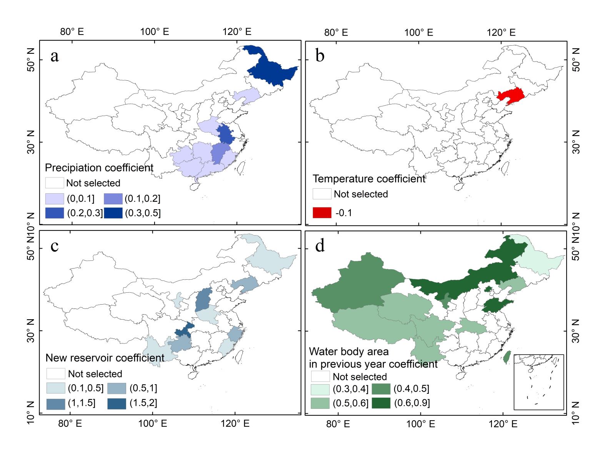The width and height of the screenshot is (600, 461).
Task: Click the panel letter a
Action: click(x=55, y=56)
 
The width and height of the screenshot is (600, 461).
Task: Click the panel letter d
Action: click(x=320, y=246)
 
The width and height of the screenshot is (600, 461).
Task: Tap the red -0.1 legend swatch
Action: click(x=322, y=213)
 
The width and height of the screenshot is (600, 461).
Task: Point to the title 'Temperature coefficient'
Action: click(x=369, y=179)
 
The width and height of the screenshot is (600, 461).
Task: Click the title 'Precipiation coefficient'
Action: click(x=99, y=168)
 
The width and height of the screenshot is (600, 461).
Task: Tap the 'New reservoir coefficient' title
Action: click(x=105, y=358)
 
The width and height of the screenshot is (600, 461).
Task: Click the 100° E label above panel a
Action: click(x=154, y=32)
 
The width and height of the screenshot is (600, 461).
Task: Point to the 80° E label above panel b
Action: click(x=336, y=33)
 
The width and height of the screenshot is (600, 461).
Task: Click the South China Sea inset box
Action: click(x=538, y=382)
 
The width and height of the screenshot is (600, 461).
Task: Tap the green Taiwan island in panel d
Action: click(x=507, y=357)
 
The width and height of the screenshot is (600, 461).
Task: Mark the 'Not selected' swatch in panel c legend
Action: click(x=56, y=373)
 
